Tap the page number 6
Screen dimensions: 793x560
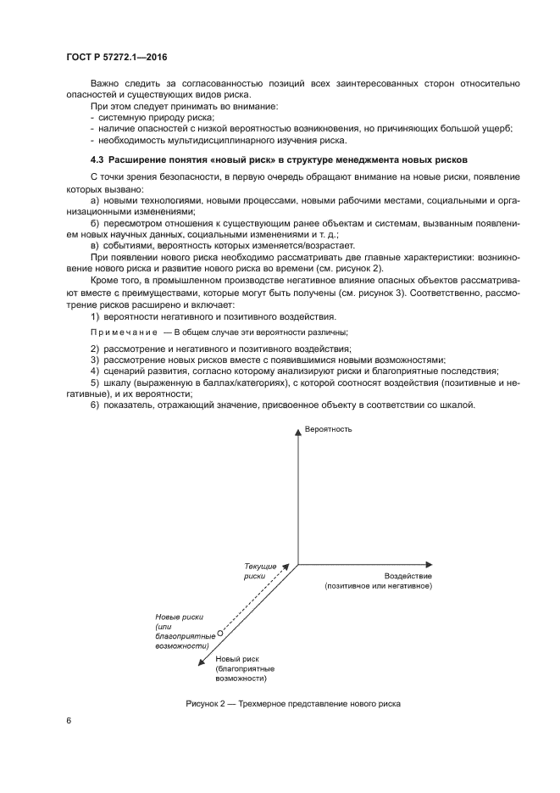click(69, 721)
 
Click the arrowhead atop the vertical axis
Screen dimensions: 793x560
click(297, 433)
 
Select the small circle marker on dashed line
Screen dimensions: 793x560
click(219, 633)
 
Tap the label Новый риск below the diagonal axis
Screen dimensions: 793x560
click(236, 658)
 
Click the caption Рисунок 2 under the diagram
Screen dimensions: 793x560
click(291, 704)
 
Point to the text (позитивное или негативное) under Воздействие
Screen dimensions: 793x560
click(379, 586)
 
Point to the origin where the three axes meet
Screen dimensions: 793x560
click(297, 562)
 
